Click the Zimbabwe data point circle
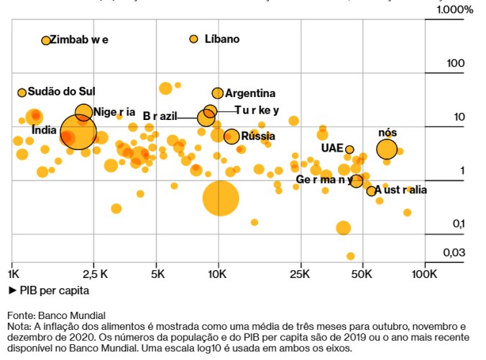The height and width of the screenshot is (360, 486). (46, 41)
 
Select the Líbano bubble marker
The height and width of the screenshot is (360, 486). (193, 39)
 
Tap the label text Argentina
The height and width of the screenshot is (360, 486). (250, 93)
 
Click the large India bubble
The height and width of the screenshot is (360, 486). (78, 132)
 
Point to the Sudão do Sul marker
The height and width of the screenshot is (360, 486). (22, 93)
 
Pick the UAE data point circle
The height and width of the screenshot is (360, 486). (349, 149)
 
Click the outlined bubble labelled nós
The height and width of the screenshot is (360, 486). (387, 149)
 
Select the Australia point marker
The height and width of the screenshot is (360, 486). (371, 190)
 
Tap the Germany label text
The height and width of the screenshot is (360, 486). (324, 179)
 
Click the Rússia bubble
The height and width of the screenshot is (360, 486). (231, 137)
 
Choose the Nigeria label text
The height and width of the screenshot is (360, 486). (114, 111)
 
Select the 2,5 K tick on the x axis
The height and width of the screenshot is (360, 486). (95, 274)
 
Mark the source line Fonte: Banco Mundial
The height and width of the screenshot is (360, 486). (56, 315)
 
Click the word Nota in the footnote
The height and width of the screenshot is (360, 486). (19, 326)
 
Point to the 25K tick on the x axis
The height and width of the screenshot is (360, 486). (300, 274)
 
